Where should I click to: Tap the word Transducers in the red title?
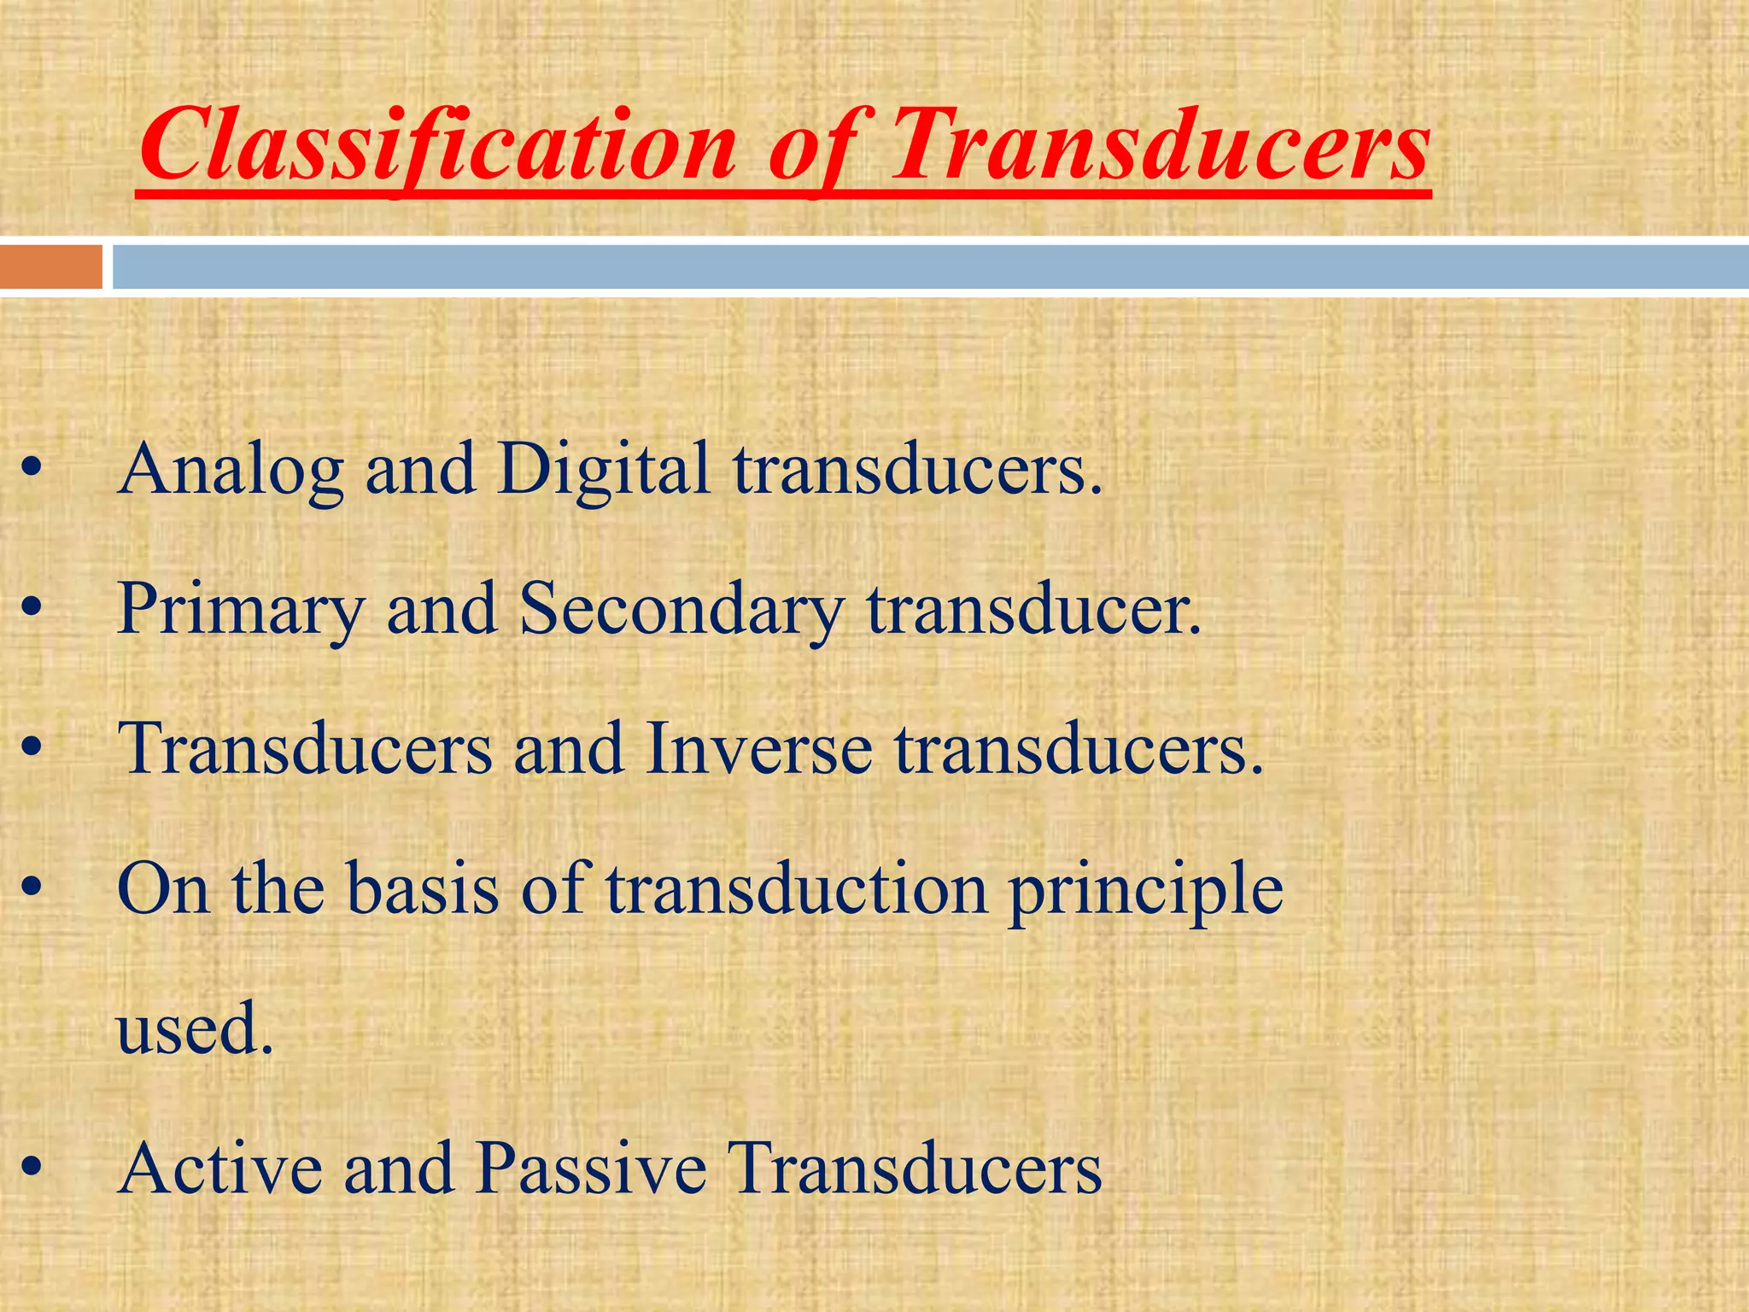pos(1160,145)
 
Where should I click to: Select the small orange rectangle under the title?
pos(50,267)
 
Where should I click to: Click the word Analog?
pos(231,471)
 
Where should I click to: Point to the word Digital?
pos(603,471)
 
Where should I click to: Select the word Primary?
pos(241,610)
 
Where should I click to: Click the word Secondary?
pos(681,610)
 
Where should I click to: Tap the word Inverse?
pos(758,749)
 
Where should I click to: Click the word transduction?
pos(797,888)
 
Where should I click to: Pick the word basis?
pos(422,888)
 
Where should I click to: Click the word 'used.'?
pos(195,1028)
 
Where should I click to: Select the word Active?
pos(220,1168)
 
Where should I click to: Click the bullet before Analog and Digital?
pos(32,471)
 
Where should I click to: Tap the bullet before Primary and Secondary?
pos(32,610)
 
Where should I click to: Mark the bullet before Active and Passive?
pos(32,1168)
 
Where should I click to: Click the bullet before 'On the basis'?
pos(32,890)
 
